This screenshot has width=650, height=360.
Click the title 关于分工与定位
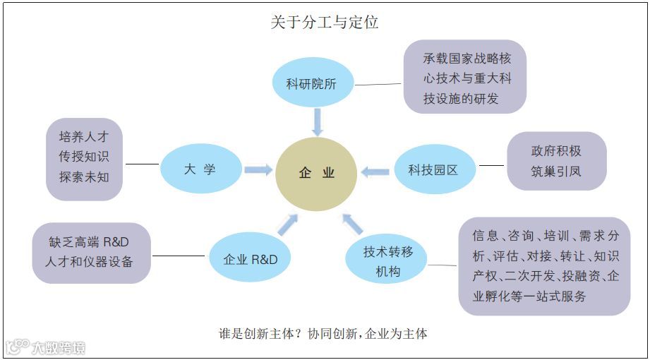pyautogui.click(x=325, y=22)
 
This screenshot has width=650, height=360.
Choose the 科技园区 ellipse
pyautogui.click(x=433, y=170)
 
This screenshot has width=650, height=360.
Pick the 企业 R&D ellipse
pyautogui.click(x=251, y=259)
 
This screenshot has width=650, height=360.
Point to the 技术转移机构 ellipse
pyautogui.click(x=387, y=260)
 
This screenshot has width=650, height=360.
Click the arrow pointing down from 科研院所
pyautogui.click(x=317, y=121)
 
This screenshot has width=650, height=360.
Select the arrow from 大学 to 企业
pyautogui.click(x=258, y=169)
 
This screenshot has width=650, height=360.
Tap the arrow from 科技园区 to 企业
pyautogui.click(x=375, y=171)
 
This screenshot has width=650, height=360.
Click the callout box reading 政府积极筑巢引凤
pyautogui.click(x=556, y=161)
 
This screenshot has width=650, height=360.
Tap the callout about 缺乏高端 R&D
pyautogui.click(x=92, y=252)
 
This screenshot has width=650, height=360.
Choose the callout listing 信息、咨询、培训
pyautogui.click(x=544, y=265)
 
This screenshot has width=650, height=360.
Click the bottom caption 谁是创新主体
pyautogui.click(x=324, y=334)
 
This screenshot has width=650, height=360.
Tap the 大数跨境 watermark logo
pyautogui.click(x=46, y=347)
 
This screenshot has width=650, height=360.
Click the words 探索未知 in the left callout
pyautogui.click(x=84, y=176)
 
